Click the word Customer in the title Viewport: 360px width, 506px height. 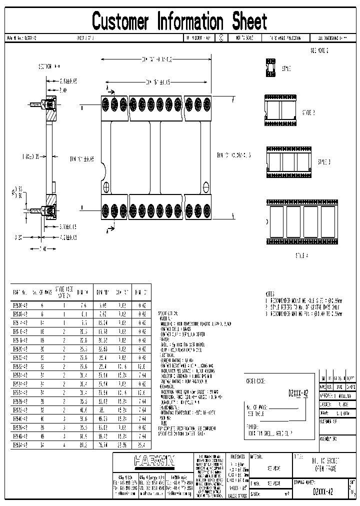120,22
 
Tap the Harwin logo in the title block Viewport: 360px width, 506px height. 154,459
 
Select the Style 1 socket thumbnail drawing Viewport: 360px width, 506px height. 270,68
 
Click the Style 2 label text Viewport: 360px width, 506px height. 309,112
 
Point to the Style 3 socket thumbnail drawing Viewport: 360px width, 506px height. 290,161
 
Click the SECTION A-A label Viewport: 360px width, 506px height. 49,66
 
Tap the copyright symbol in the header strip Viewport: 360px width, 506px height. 220,37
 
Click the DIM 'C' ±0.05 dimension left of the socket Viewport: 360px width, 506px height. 82,159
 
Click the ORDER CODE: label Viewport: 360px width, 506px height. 255,380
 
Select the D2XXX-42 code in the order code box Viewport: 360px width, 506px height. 298,393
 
